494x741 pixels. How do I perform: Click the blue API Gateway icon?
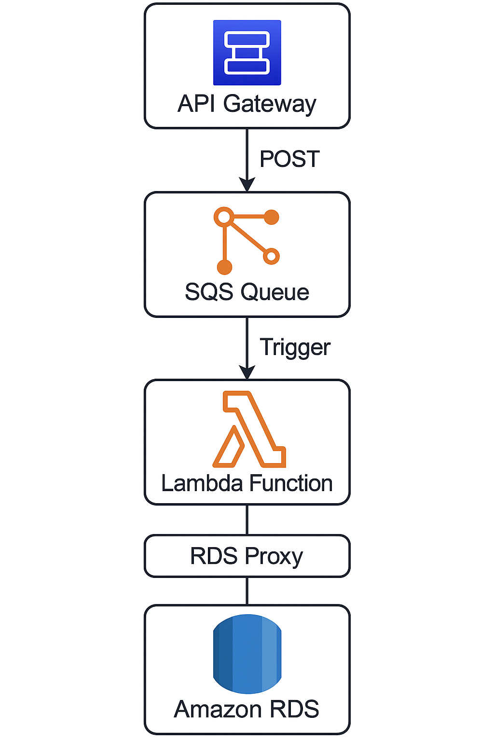[247, 53]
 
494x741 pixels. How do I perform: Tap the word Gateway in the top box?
[270, 104]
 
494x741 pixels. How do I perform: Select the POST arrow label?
[289, 159]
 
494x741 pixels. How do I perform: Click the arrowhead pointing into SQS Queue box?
[247, 185]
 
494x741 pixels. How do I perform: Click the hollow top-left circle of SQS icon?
[224, 217]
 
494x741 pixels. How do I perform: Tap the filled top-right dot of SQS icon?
[272, 217]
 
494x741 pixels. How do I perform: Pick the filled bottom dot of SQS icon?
[224, 266]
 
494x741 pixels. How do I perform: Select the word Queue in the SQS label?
[274, 292]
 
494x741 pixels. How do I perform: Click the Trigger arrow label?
[295, 347]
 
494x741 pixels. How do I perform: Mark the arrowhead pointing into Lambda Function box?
[247, 373]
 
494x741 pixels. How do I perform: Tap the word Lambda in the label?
[202, 483]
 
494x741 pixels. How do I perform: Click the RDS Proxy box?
[247, 556]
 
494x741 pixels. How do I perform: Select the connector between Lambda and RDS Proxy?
[247, 520]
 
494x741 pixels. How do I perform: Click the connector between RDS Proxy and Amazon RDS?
[247, 590]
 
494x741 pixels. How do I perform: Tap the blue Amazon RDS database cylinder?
[247, 654]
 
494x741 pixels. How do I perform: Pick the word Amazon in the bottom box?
[218, 710]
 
